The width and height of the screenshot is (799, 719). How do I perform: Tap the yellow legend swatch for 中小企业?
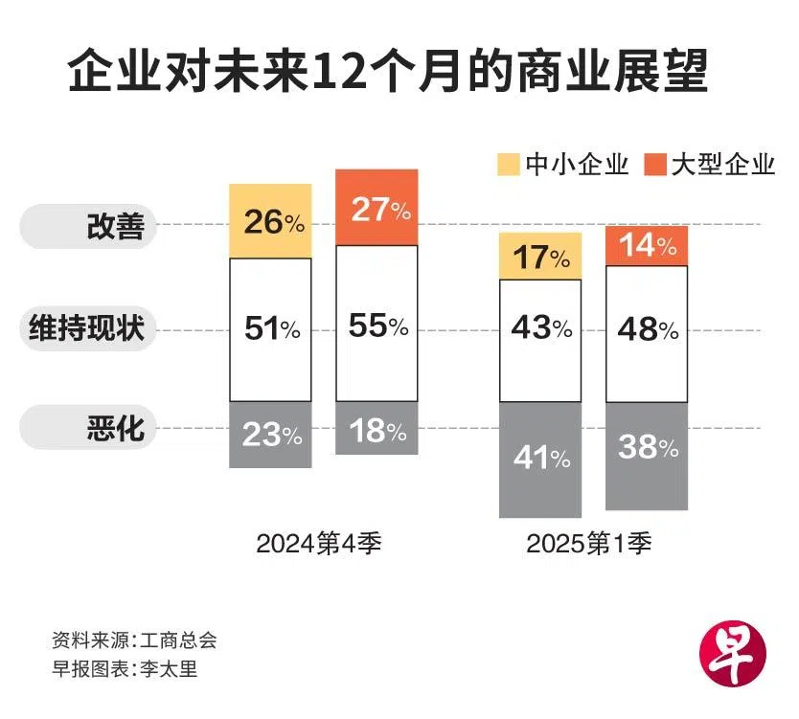point(508,164)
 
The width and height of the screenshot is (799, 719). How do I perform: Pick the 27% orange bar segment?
point(377,208)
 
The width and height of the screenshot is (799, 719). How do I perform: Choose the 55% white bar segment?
point(377,326)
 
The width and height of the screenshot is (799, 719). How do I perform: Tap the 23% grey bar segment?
point(270,435)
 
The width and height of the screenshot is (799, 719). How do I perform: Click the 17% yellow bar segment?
point(539,257)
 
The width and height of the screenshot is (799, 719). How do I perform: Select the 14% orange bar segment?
point(647,245)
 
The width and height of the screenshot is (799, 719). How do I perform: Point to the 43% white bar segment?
point(539,328)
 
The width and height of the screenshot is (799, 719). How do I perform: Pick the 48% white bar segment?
point(647,332)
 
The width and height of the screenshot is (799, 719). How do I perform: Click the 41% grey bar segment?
point(539,460)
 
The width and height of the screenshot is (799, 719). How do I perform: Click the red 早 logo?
point(735,654)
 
